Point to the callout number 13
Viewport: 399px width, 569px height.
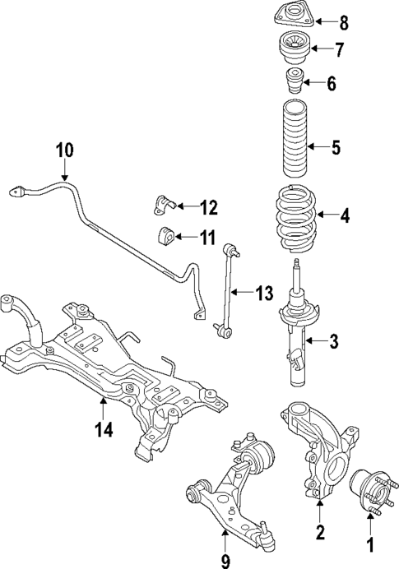[262, 293]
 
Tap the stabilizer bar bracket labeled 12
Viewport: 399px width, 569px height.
[164, 204]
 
